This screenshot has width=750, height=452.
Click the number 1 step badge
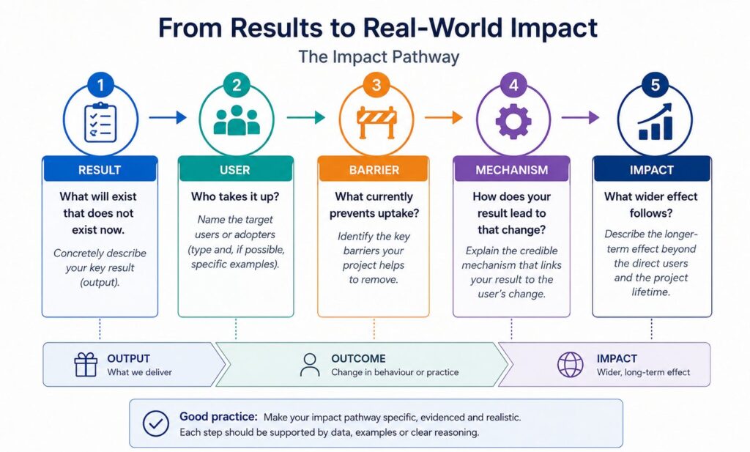pos(100,85)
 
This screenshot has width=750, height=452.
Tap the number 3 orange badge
pos(376,85)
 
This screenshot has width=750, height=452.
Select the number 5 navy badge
pos(655,85)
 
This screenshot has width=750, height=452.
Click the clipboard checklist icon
pos(100,122)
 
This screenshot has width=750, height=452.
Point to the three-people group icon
pos(237,120)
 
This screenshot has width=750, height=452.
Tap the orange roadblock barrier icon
pos(376,122)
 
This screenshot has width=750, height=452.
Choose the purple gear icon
pos(513,121)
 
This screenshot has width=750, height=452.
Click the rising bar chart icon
pos(655,122)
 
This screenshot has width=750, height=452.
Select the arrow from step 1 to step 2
pos(168,117)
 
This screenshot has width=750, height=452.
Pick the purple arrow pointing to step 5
pos(580,117)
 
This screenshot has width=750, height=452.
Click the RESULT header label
pos(100,170)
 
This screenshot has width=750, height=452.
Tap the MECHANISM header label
pos(512,170)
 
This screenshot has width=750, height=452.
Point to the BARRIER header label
pos(374,170)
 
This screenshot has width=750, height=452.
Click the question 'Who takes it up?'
pos(235,196)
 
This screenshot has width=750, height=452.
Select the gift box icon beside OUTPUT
pos(86,365)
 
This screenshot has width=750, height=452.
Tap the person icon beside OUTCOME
pos(310,365)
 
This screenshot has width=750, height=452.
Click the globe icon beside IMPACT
pos(571,365)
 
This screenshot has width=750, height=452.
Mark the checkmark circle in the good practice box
pos(156,423)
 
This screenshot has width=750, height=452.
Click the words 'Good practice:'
pos(218,417)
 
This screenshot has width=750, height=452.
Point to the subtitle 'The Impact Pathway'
pos(379,57)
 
